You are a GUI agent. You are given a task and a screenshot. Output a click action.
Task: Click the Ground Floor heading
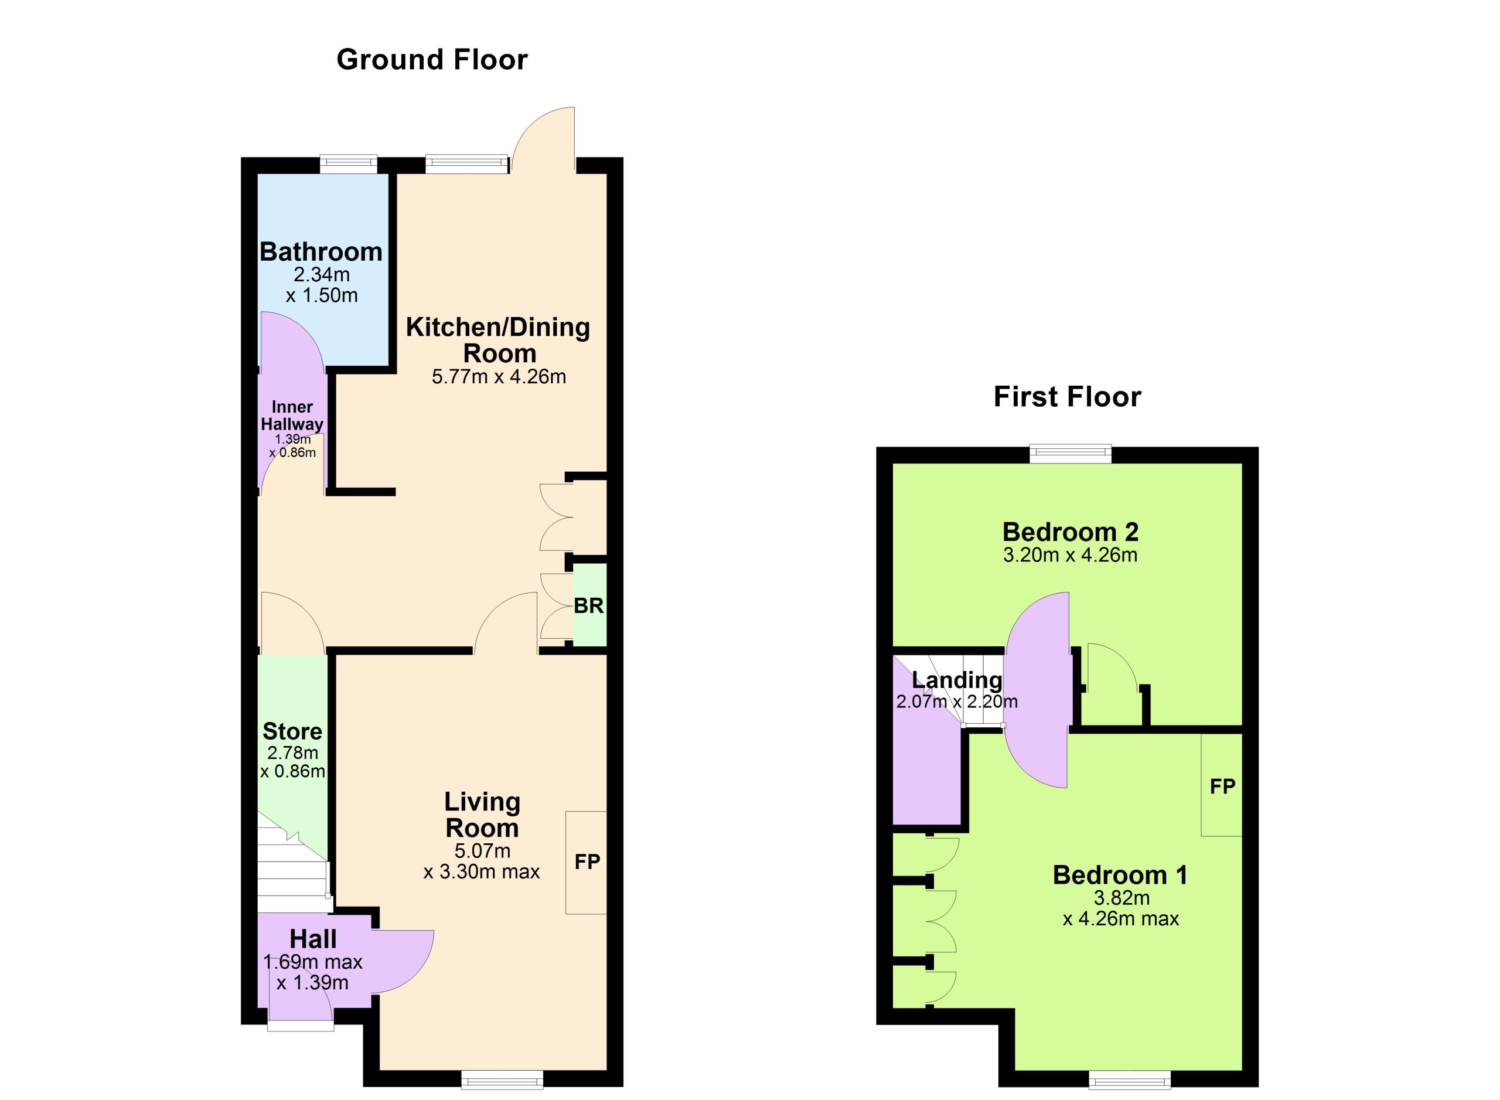pos(432,60)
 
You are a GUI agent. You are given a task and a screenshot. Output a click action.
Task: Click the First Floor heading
pos(1067,397)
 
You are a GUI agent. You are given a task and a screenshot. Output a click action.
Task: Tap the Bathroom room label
pos(321,251)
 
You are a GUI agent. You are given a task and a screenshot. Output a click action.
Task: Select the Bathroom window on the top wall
pos(348,164)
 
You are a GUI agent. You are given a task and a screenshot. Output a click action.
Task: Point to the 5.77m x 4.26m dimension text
pos(499,377)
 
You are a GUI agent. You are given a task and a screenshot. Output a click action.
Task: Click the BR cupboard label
pos(588,606)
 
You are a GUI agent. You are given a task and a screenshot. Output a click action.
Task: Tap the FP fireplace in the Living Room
pos(586,862)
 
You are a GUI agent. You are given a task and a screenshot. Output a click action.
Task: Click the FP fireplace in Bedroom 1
pos(1222,785)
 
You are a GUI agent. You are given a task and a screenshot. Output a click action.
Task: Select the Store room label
pos(292,731)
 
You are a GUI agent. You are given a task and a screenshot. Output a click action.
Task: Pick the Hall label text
pos(313,939)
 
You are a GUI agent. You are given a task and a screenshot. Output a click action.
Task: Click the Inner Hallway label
pos(292,416)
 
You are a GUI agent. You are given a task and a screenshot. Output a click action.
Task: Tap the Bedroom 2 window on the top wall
pos(1071,454)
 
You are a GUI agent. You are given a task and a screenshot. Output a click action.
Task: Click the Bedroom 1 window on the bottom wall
pos(1130,1079)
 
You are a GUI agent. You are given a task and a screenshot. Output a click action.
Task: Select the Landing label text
pos(957,680)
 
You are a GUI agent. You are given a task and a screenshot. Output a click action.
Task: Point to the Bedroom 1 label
pos(1120,875)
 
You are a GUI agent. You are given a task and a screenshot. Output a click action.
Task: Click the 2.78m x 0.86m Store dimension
pos(292,762)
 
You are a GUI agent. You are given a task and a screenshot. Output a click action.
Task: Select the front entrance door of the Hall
pos(300,999)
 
